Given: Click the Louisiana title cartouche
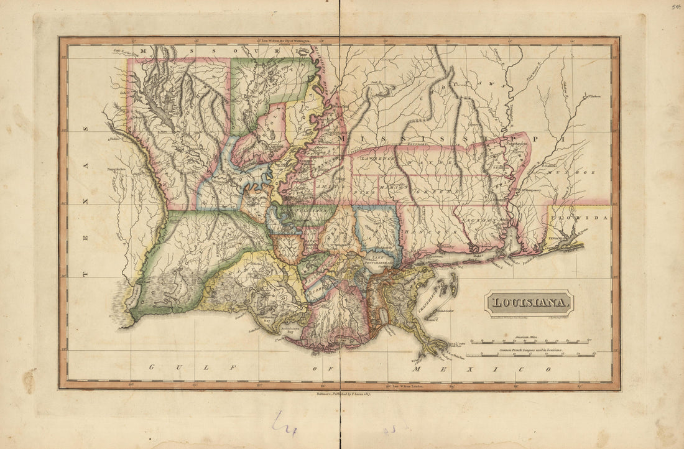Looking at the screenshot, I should click(x=529, y=303).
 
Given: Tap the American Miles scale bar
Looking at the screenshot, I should click(x=532, y=341).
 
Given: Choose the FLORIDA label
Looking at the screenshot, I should click(x=584, y=218).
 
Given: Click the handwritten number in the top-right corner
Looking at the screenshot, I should click(x=676, y=7).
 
